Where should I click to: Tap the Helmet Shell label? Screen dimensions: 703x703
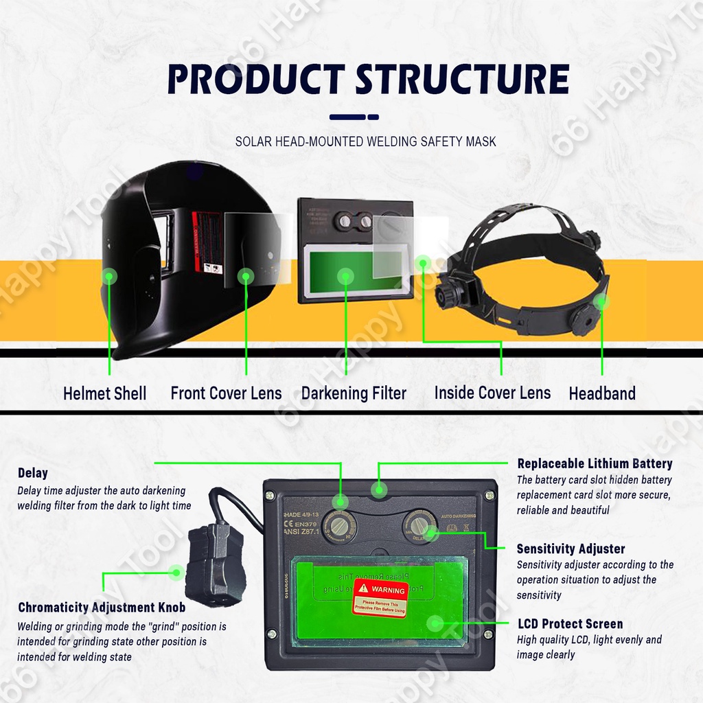pos(104,393)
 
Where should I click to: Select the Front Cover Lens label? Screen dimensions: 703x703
pos(226,393)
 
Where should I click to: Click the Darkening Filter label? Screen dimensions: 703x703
pos(354,393)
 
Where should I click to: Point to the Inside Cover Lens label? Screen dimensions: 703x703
pos(492,393)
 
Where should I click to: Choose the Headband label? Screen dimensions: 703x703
pos(602,393)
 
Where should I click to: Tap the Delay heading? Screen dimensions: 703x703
pos(33,473)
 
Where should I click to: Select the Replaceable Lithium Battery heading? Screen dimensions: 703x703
pos(595,463)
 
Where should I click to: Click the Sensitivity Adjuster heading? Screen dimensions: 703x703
pos(571,549)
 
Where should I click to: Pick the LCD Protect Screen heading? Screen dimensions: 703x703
pos(570,624)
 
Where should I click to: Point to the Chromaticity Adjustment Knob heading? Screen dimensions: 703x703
pos(102,608)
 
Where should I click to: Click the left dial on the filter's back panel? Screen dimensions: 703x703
pos(339,527)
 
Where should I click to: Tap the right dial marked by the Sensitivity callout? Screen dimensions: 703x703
pos(419,527)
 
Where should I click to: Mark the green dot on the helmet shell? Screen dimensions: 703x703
pos(108,277)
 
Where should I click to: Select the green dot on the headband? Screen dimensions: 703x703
pos(601,301)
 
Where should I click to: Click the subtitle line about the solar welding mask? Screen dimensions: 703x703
pos(365,142)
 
